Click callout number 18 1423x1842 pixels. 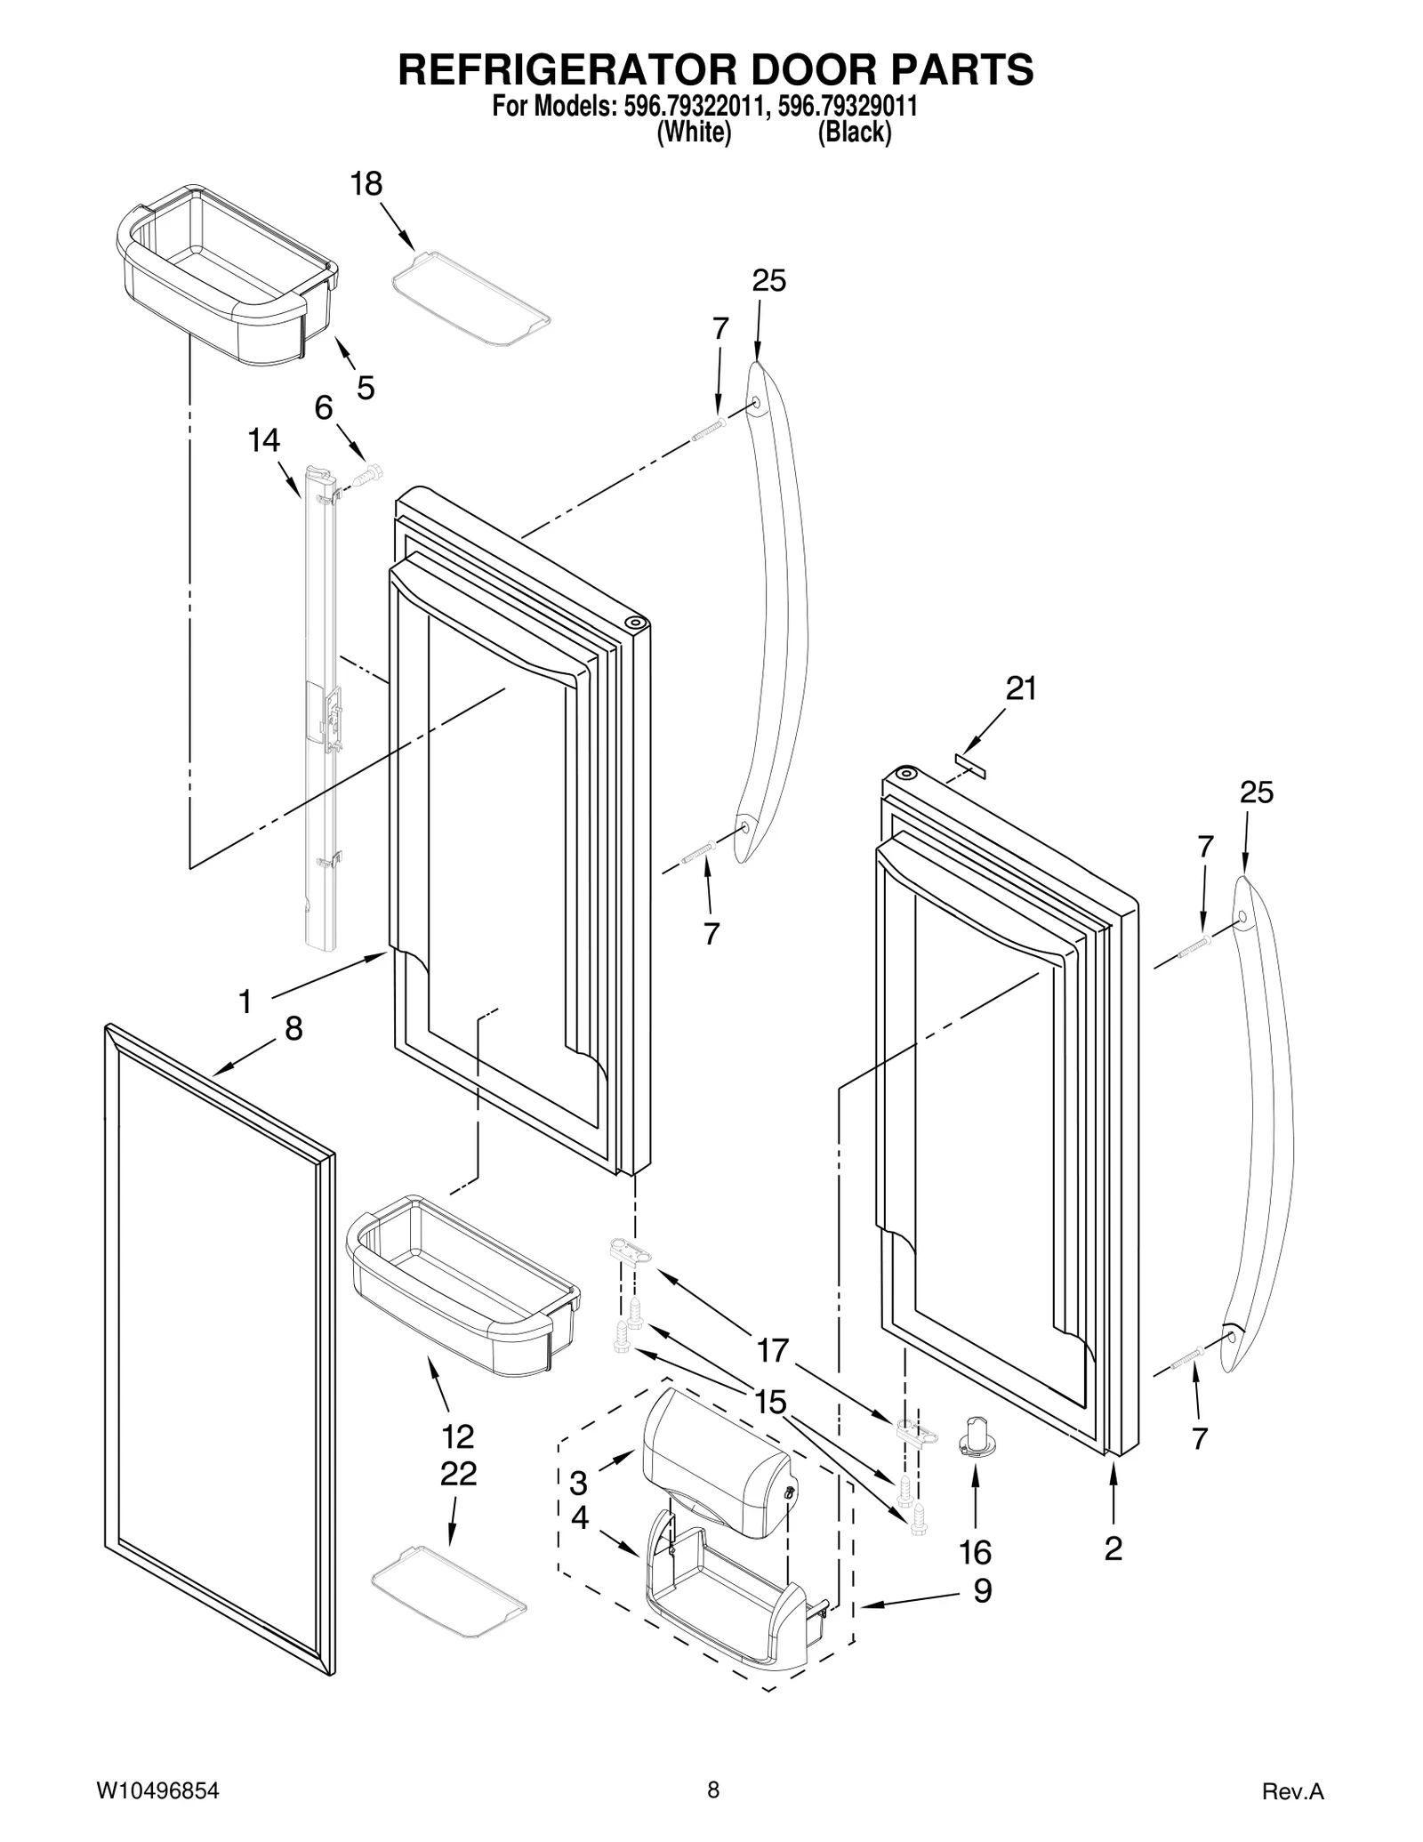tap(366, 184)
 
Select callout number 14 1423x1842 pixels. tap(263, 440)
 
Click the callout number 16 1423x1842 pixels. tap(976, 1553)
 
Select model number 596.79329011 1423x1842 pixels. tap(847, 108)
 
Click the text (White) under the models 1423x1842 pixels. tap(694, 133)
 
